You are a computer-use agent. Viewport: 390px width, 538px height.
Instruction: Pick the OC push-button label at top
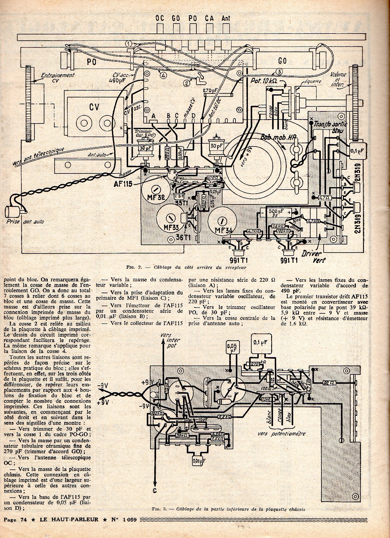coord(160,18)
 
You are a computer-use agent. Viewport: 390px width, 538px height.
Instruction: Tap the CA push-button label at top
coord(209,18)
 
